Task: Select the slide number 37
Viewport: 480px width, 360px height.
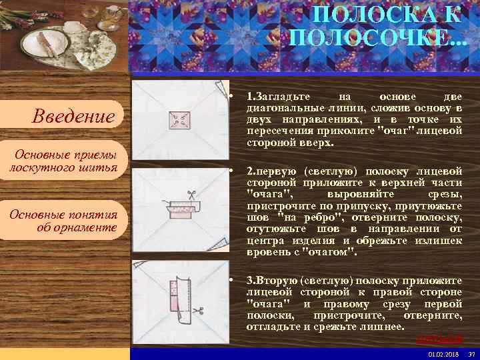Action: (471, 354)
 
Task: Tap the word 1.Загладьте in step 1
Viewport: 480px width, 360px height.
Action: (273, 98)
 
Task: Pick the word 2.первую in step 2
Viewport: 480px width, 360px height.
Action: (269, 171)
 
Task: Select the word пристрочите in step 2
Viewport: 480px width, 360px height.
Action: (276, 207)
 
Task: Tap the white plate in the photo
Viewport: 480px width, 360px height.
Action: (44, 43)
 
